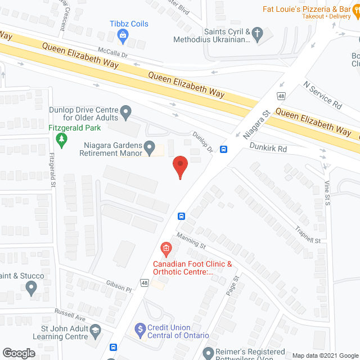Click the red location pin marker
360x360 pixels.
pyautogui.click(x=180, y=165)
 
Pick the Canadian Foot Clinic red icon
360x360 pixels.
pyautogui.click(x=165, y=248)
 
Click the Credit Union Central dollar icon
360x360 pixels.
pyautogui.click(x=139, y=327)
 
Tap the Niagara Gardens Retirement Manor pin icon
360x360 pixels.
pyautogui.click(x=150, y=148)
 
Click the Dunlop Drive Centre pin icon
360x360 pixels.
pyautogui.click(x=127, y=113)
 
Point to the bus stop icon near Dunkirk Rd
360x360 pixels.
pyautogui.click(x=224, y=150)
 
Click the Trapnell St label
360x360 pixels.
pyautogui.click(x=307, y=234)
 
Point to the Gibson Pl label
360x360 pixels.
pyautogui.click(x=118, y=287)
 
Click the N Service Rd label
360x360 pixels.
pyautogui.click(x=322, y=96)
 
